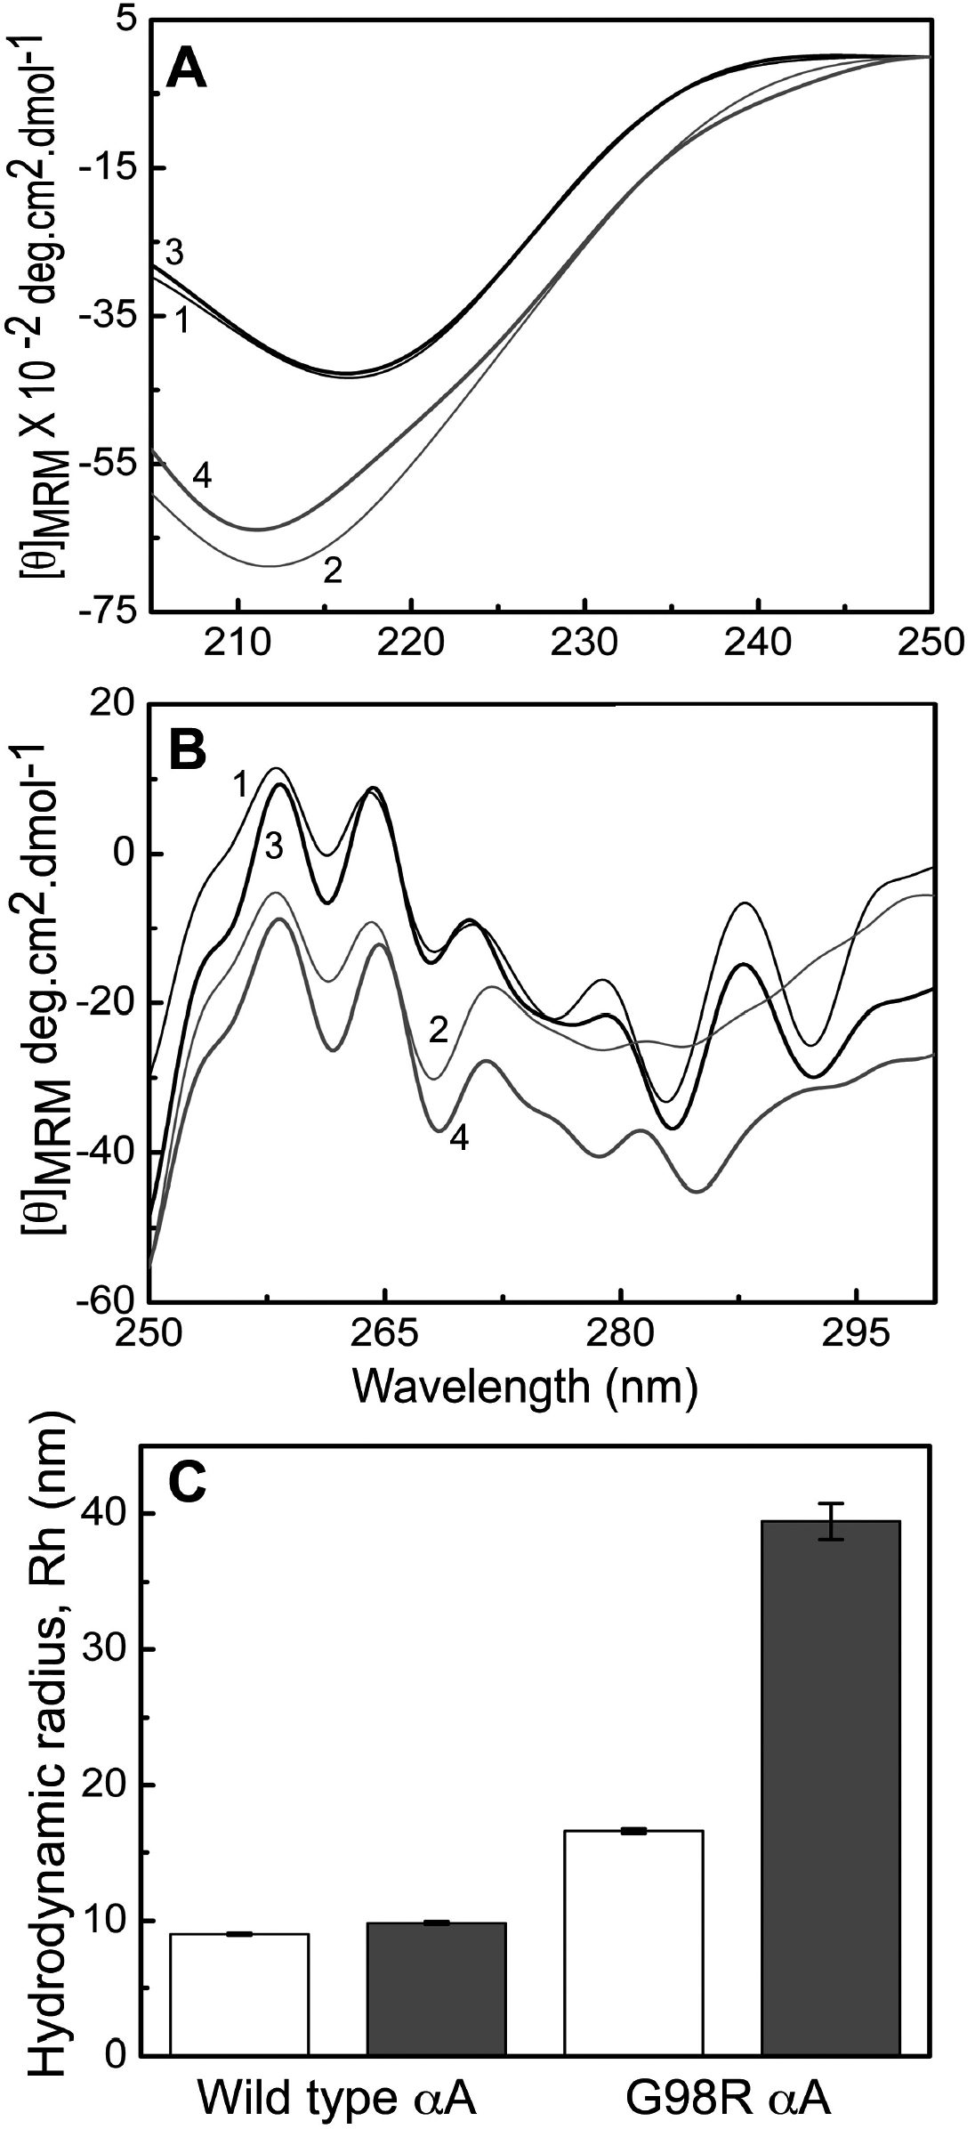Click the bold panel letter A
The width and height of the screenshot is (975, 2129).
[x=188, y=69]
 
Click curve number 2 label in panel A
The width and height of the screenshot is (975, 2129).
[x=333, y=570]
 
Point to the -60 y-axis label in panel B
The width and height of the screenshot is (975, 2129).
[x=110, y=1300]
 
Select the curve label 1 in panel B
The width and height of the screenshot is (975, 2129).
[x=240, y=787]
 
